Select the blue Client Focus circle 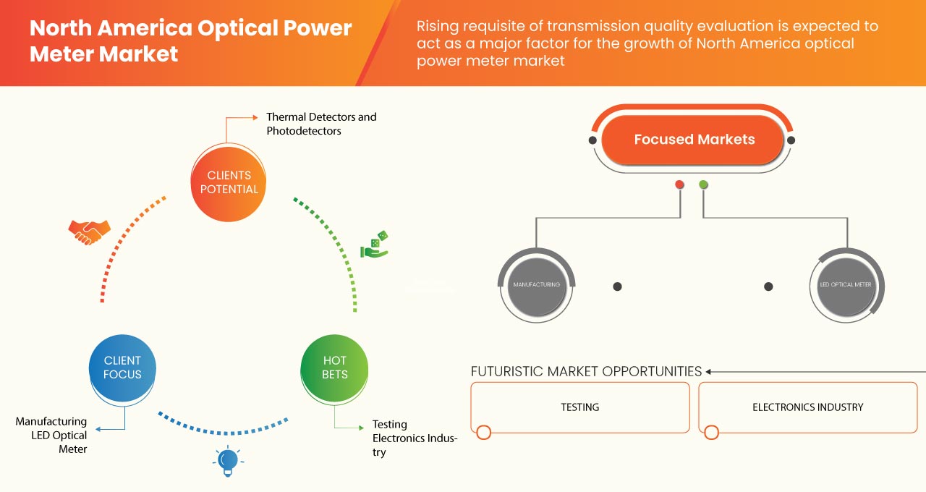click(x=122, y=368)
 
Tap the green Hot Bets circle click(x=334, y=368)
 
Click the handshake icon click(x=89, y=232)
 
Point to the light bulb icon click(x=228, y=460)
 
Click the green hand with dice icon click(x=375, y=245)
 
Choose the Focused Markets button click(x=694, y=140)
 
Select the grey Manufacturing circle click(x=536, y=285)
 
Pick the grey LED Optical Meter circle click(x=845, y=285)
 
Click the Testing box click(x=579, y=407)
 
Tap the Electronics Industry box click(x=807, y=407)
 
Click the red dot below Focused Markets click(x=679, y=184)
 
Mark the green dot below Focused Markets click(x=703, y=184)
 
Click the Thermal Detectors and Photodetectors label click(x=320, y=124)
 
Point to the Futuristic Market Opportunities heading click(x=586, y=371)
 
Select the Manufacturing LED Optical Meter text click(x=52, y=435)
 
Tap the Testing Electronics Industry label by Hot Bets click(x=414, y=438)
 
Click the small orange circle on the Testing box click(x=483, y=433)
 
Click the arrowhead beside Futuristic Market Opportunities click(x=710, y=371)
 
